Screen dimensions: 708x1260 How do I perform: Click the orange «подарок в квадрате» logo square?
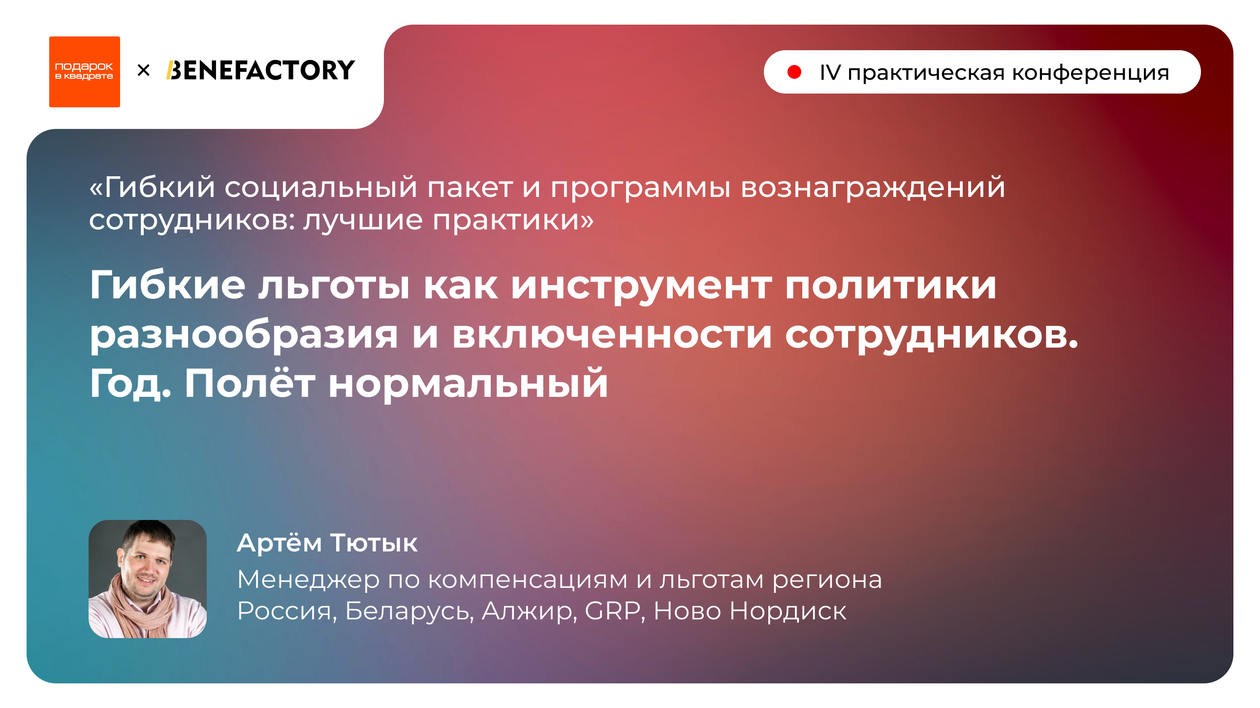tap(85, 72)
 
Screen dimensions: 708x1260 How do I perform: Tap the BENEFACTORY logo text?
tap(261, 70)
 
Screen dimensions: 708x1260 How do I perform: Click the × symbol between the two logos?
tap(144, 70)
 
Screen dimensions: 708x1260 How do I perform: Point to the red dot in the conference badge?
tap(794, 72)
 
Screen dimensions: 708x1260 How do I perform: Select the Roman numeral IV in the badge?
tap(830, 73)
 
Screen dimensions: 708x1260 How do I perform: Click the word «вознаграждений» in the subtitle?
tap(873, 188)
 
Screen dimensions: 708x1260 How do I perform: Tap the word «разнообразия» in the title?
tap(244, 335)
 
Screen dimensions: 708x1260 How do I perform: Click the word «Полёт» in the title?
tap(250, 383)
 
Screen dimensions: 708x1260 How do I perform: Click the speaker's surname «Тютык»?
tap(374, 543)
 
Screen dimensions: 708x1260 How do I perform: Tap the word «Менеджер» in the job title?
tap(309, 579)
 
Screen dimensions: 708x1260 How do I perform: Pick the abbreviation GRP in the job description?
tap(613, 611)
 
